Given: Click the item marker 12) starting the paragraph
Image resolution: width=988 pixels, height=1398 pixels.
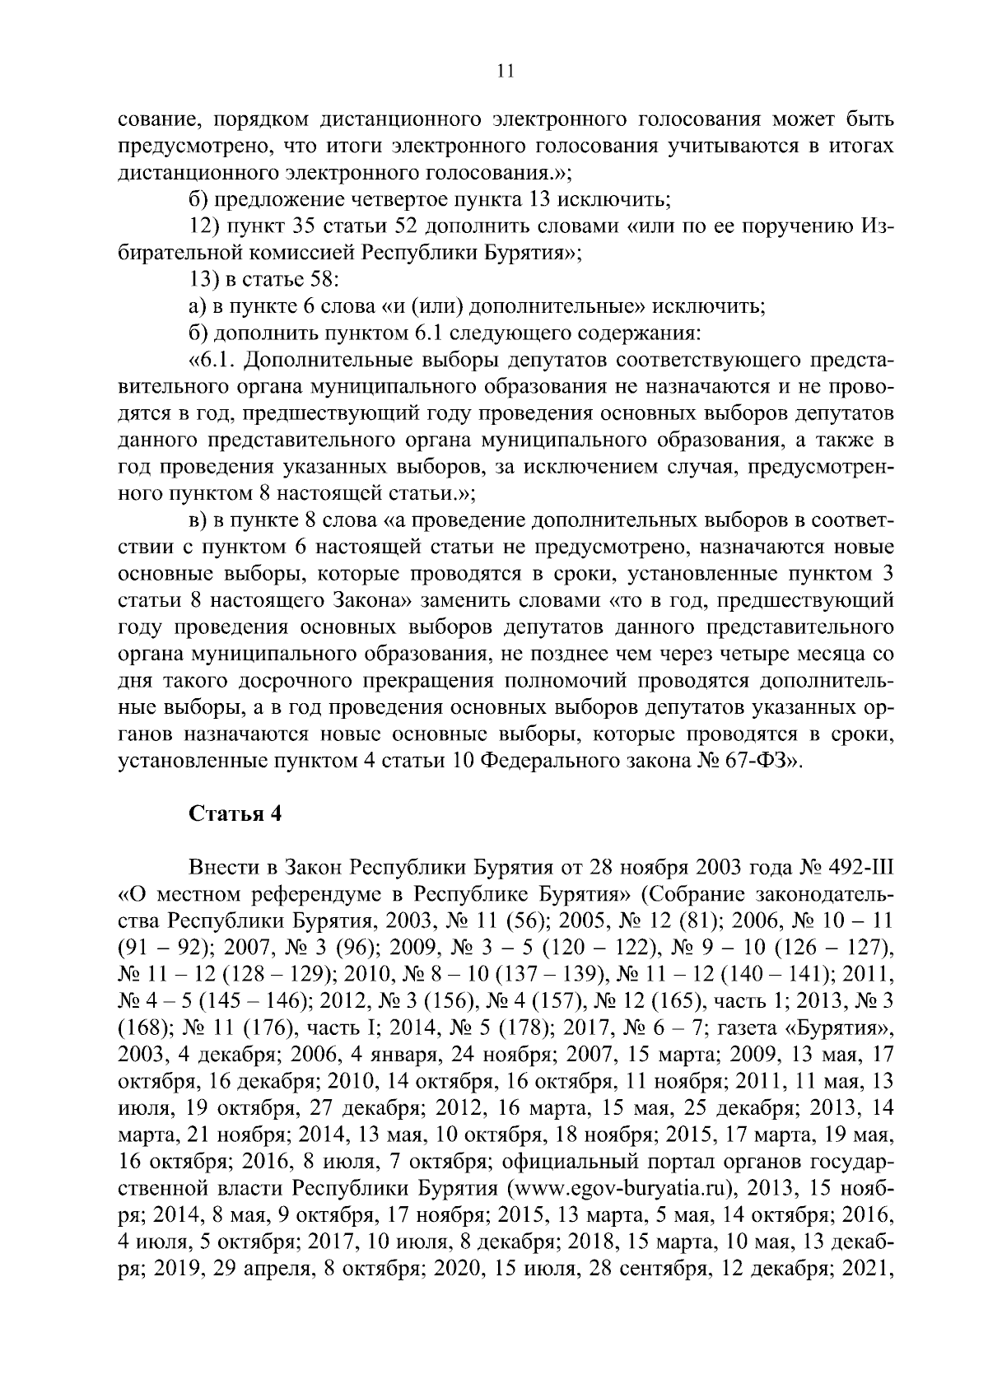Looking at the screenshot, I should pos(202,226).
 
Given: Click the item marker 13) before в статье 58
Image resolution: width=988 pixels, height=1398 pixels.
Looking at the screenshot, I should pos(202,280).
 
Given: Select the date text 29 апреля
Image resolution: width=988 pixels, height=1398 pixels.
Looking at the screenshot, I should pos(260,1270).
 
